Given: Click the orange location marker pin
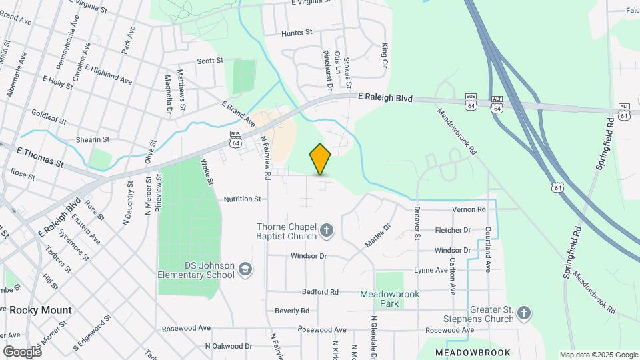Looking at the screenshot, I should pos(320,159).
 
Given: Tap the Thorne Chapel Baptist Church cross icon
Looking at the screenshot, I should pos(327,231).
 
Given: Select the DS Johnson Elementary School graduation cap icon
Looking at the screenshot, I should pos(245,268).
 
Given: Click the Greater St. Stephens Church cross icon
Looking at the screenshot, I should pos(525,313).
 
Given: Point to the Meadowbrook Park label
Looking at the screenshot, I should pos(389,299).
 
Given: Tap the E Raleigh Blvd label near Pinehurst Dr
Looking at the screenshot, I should pos(385,98).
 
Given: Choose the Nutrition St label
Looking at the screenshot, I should pos(242,199).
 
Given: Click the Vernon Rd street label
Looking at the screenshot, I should pos(469,209).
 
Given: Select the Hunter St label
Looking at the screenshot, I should pos(297,32).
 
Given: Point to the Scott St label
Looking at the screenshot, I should pos(209,61).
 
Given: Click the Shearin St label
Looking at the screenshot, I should pos(92,139).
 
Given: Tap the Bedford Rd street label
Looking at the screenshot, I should pos(320,291).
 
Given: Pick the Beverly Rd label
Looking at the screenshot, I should pos(292,311).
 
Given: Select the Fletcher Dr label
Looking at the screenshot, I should pos(453,230).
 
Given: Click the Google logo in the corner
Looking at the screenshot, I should pos(22,351).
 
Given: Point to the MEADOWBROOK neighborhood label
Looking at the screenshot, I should pos(473,352).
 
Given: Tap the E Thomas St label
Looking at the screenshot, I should pos(40,158).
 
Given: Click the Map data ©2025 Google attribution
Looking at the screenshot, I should pos(598,355).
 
